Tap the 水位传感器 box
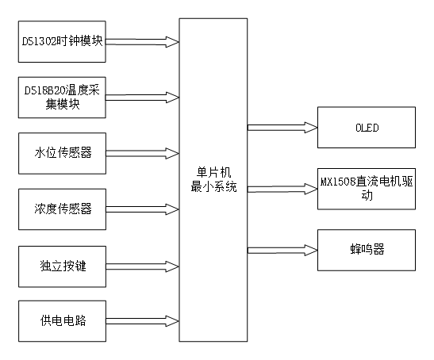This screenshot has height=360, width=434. click(62, 152)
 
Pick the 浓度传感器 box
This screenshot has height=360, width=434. click(62, 209)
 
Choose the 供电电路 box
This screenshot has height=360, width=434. click(62, 321)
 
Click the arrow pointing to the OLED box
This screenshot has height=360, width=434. click(282, 126)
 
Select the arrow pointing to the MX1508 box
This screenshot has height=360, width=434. click(282, 188)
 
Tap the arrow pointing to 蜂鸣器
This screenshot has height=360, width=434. click(282, 249)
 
